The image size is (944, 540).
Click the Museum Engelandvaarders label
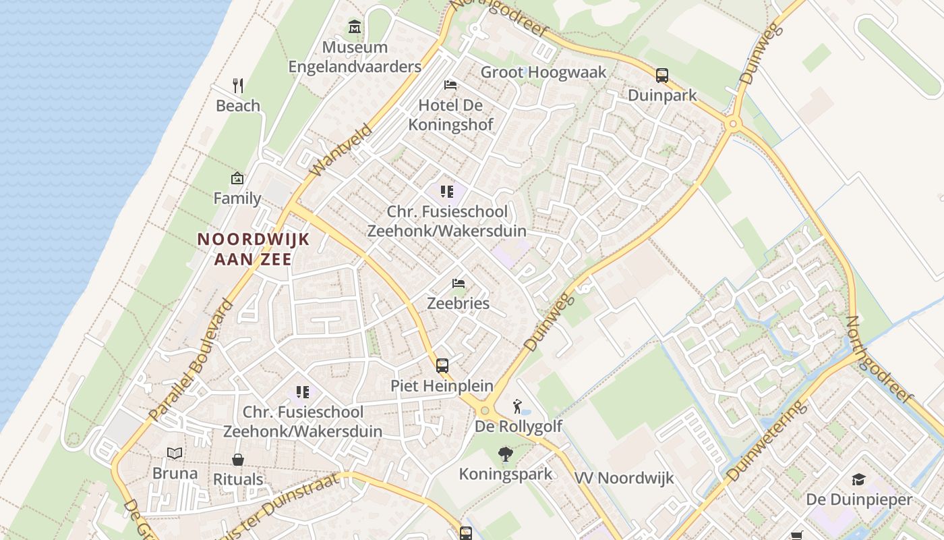pos(355,57)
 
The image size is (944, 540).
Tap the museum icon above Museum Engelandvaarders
pos(355,27)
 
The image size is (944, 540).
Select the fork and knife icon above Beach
pos(237,85)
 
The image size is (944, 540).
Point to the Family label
pos(237,198)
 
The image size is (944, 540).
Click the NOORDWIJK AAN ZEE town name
pos(253,248)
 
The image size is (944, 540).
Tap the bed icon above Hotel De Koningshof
pos(450,84)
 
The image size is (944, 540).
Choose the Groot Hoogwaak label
pos(543,72)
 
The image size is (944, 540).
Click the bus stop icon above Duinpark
pos(662,75)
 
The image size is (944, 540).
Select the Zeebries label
pos(459,303)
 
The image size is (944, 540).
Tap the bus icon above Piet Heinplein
pos(442,366)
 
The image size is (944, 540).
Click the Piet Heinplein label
pos(442,386)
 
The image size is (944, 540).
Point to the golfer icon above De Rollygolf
pos(517,406)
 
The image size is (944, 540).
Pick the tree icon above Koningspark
pos(505,454)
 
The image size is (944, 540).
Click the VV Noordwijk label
pos(624,479)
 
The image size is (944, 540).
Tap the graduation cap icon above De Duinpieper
pos(858,479)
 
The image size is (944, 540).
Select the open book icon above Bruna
pos(175,453)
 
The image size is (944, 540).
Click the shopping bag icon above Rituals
pos(238,460)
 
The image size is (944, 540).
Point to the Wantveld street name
pos(342,150)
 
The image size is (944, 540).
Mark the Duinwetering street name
pos(767,441)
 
